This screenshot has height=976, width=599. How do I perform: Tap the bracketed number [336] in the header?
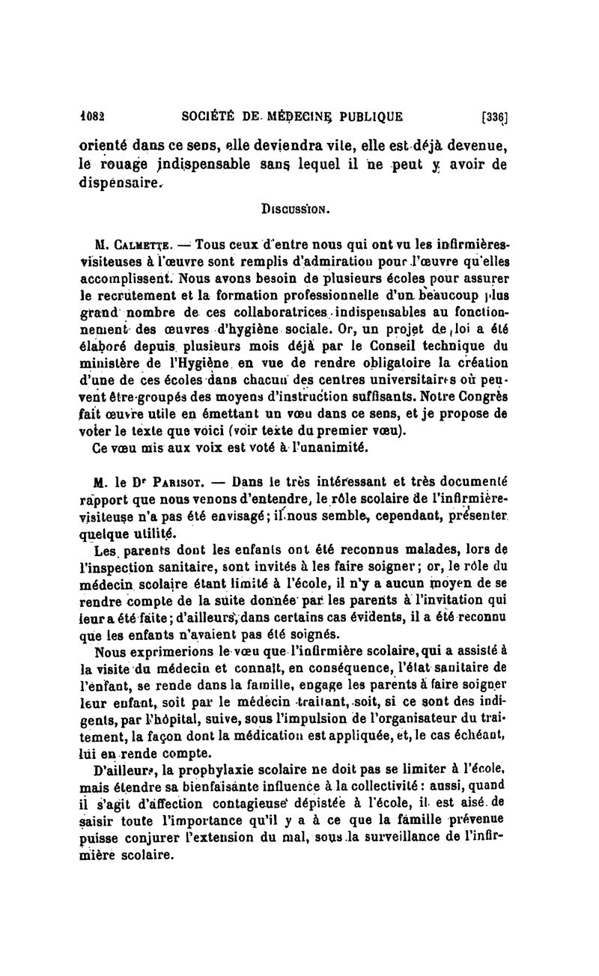coord(495,117)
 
